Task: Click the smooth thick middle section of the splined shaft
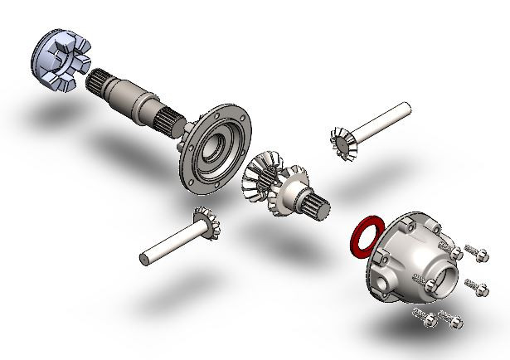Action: (133, 99)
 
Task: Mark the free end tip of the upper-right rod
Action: (406, 107)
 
